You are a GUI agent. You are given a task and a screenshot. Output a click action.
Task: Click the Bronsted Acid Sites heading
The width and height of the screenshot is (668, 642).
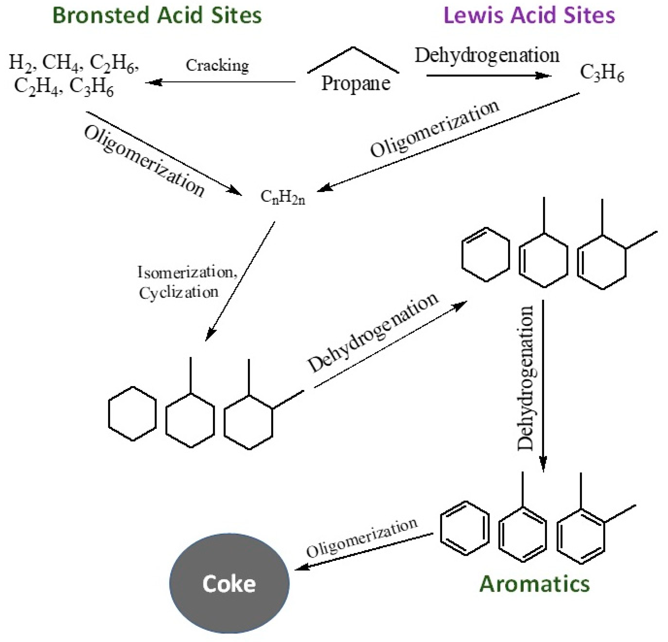(157, 16)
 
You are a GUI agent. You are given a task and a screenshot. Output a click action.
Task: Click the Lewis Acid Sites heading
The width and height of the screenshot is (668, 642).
(529, 16)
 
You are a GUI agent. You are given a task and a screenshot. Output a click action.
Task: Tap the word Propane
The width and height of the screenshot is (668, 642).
(356, 84)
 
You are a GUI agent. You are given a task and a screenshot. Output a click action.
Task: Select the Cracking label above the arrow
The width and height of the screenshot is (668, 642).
(217, 66)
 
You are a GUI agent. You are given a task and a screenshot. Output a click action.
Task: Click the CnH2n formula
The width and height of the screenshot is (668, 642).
(282, 198)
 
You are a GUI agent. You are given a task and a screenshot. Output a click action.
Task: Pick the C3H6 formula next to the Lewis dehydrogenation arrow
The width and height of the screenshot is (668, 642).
(602, 74)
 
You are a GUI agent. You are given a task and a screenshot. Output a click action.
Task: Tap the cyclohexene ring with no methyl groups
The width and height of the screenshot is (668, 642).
(485, 254)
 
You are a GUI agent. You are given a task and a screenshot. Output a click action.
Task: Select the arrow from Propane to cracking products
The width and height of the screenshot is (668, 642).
(221, 83)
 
